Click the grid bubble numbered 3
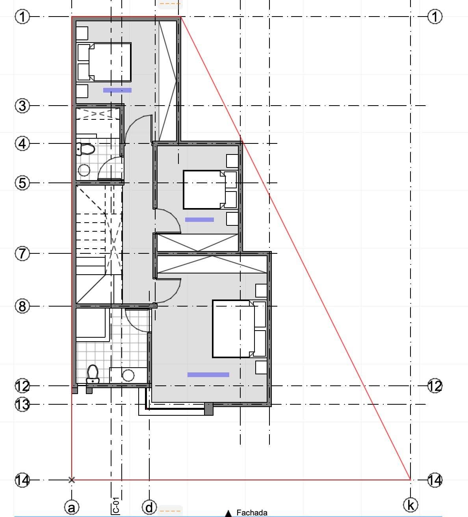(22, 106)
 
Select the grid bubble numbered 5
(22, 183)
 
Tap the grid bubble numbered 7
(22, 253)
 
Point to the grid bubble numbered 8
(22, 306)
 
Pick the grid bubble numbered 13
(22, 404)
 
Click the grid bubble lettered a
(72, 507)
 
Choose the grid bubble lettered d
(149, 507)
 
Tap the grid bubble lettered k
(410, 505)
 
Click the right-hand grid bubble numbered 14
(435, 480)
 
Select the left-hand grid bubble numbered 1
(22, 17)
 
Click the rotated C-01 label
(116, 505)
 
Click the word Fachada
(252, 513)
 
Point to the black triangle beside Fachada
(228, 513)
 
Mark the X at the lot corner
(72, 480)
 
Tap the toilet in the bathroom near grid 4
(85, 149)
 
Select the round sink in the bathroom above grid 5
(84, 170)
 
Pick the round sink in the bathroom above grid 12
(128, 376)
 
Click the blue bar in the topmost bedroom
(117, 90)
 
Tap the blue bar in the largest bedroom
(208, 375)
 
